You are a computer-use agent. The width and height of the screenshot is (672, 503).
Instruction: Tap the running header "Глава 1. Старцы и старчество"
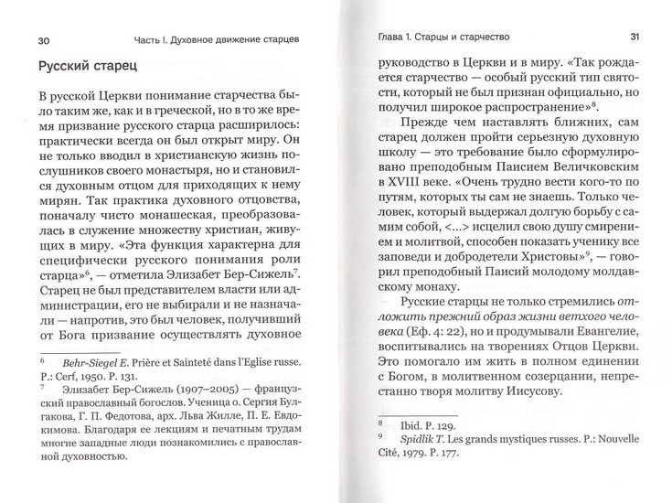tap(444, 37)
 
